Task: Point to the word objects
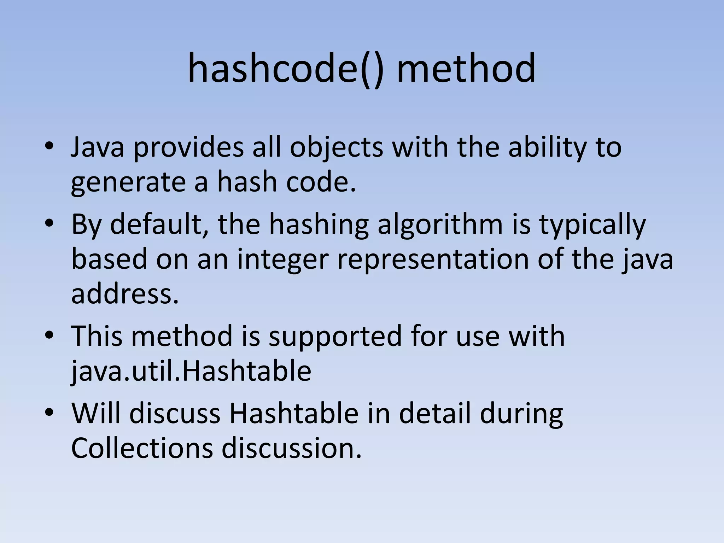coord(336,147)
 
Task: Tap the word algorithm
coord(440,225)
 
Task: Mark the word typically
coord(592,225)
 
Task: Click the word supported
coord(335,337)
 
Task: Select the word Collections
coord(142,448)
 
